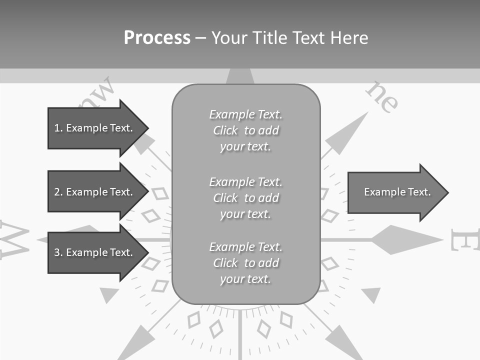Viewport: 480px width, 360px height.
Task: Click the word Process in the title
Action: click(157, 38)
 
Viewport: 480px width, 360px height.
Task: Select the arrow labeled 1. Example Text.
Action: click(97, 128)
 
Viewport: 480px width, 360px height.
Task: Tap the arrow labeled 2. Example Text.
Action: click(97, 192)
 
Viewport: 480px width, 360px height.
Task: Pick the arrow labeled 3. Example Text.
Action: click(97, 252)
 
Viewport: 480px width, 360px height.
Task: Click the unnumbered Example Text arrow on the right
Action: click(397, 192)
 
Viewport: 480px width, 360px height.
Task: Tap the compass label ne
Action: click(382, 96)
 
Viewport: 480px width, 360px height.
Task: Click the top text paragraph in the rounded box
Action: click(245, 130)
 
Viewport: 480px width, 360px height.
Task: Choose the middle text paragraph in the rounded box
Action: click(245, 198)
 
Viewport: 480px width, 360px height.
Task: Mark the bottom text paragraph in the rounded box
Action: click(245, 263)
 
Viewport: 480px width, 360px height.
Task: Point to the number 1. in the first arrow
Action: click(58, 128)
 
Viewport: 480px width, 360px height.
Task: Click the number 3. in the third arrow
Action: click(58, 252)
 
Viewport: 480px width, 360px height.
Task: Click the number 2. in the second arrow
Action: click(58, 192)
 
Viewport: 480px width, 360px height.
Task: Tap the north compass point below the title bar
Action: click(240, 76)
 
